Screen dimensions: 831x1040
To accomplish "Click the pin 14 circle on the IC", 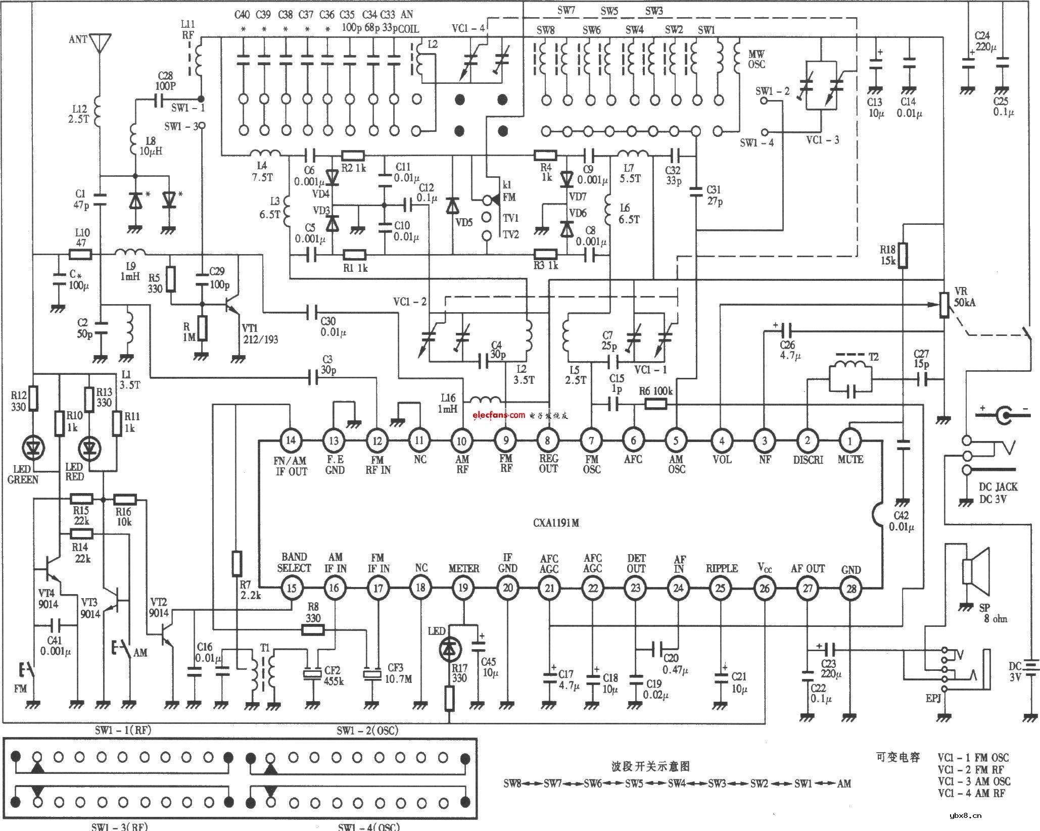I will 291,440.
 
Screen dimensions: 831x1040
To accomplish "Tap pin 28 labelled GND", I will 850,588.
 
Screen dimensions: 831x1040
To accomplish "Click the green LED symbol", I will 34,447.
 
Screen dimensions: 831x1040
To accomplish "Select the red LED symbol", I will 90,447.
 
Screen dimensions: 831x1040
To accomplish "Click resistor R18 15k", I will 903,256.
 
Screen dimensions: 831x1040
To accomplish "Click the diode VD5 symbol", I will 453,207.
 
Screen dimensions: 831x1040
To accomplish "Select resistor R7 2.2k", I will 237,564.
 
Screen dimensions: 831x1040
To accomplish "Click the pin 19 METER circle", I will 463,588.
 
